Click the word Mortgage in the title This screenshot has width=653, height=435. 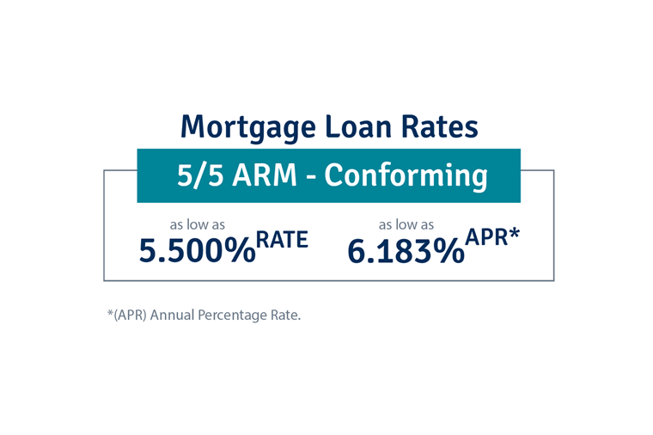(248, 128)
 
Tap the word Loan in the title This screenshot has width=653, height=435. (358, 126)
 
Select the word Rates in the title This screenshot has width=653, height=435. (439, 126)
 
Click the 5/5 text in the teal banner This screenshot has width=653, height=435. (202, 175)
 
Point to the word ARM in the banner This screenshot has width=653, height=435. (265, 175)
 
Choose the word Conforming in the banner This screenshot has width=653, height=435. (406, 177)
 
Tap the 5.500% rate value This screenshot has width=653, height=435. (197, 251)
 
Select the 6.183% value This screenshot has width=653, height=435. (406, 251)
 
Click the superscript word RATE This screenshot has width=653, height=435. (282, 240)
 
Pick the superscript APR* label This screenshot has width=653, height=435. (492, 237)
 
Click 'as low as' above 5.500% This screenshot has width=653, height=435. (198, 225)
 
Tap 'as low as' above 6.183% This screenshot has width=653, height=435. (406, 225)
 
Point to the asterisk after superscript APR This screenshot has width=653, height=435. (515, 233)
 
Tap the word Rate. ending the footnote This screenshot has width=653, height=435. (285, 315)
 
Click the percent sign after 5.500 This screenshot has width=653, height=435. (240, 251)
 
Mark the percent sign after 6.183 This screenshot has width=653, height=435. (449, 251)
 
